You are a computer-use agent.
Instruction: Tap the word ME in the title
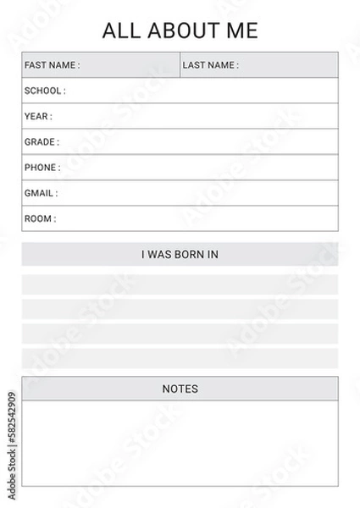click(x=241, y=31)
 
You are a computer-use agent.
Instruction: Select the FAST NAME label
click(x=52, y=65)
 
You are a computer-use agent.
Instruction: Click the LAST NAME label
click(x=210, y=65)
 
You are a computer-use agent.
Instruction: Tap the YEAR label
click(x=38, y=116)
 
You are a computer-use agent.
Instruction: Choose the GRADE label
click(x=42, y=142)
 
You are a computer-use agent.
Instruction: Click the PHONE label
click(x=42, y=168)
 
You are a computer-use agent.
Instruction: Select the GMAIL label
click(x=41, y=193)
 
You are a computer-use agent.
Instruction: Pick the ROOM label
click(x=40, y=218)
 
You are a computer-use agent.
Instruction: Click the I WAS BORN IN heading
click(x=180, y=254)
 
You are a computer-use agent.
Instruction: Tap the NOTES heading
click(x=180, y=389)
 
